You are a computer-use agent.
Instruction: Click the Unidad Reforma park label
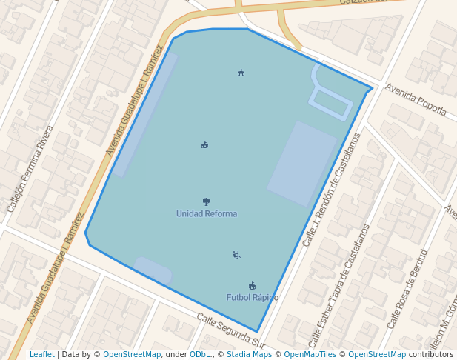(207, 214)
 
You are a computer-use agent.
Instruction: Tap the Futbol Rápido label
(253, 298)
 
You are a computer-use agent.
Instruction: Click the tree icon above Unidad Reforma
(207, 201)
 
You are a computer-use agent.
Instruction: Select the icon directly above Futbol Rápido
(253, 286)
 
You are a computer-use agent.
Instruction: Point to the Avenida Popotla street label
(416, 99)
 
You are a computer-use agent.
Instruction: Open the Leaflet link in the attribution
(42, 355)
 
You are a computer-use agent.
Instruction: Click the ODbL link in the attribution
(200, 355)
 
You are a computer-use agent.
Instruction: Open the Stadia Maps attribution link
(249, 355)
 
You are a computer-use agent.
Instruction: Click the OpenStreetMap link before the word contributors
(377, 355)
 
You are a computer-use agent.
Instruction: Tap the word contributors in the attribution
(430, 355)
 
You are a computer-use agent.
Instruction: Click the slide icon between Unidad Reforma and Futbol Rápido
(236, 256)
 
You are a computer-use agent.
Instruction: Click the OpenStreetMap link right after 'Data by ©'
(132, 355)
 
